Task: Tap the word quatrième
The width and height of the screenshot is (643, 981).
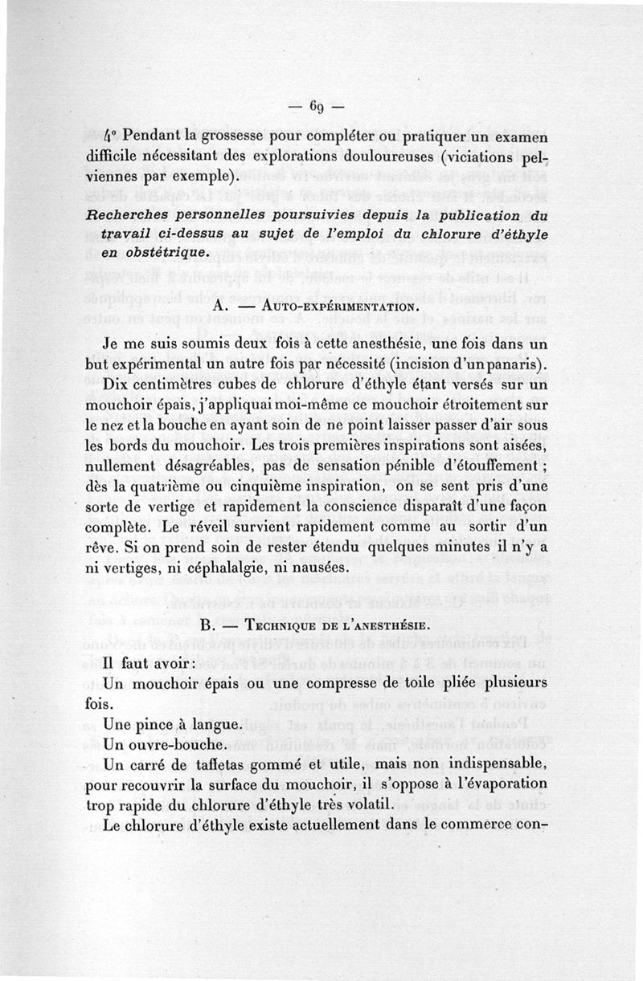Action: click(174, 486)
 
